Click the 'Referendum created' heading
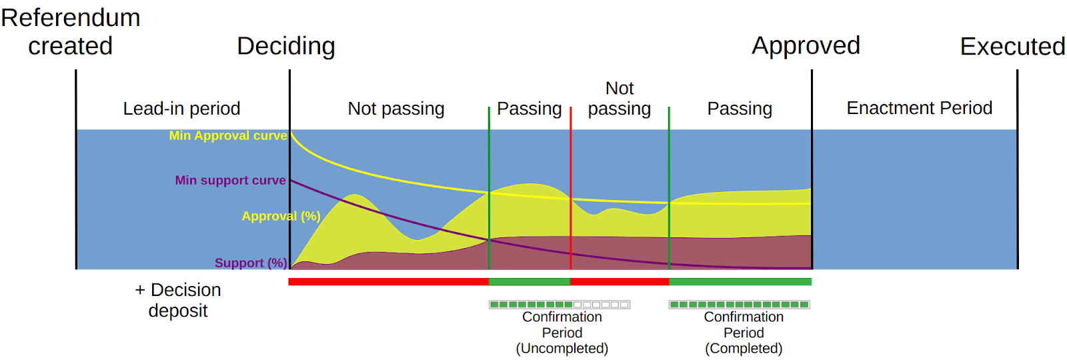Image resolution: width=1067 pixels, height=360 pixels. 71,31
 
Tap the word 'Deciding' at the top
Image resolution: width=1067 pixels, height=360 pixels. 286,46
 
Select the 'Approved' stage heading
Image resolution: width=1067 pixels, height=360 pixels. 806,45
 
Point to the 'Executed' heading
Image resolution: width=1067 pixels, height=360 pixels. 1012,47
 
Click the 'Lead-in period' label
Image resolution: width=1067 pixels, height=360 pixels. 181,109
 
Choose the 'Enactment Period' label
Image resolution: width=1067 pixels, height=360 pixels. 919,108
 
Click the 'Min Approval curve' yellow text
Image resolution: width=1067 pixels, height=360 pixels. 227,136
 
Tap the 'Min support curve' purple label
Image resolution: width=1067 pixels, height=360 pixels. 230,181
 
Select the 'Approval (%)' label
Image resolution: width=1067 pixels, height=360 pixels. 281,216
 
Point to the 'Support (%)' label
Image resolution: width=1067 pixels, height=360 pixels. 251,263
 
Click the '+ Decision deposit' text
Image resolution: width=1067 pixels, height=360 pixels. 178,300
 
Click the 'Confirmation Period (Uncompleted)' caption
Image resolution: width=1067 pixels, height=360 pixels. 562,333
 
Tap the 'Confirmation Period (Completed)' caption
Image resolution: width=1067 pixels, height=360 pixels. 744,333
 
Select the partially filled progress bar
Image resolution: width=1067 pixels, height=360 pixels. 560,305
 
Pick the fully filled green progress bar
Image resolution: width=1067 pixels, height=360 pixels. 740,305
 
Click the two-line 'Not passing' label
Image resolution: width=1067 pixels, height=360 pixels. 620,99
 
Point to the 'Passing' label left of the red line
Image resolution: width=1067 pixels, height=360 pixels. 529,109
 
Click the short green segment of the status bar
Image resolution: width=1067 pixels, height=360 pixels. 529,282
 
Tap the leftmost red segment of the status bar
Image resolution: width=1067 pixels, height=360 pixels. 388,282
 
